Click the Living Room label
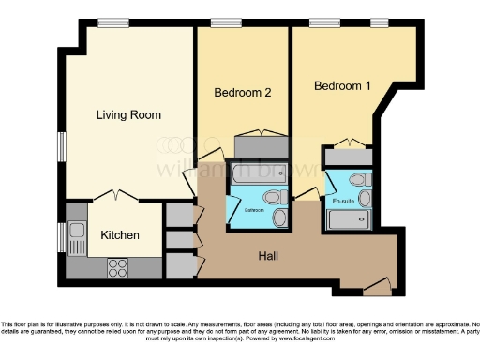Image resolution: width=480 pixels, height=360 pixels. point(128,115)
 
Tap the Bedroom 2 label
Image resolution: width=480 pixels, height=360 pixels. point(243,93)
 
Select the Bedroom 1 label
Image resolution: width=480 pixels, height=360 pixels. point(342,86)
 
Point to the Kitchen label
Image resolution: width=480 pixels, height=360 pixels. point(120,234)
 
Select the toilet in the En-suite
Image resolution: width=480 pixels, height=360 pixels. point(357,181)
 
